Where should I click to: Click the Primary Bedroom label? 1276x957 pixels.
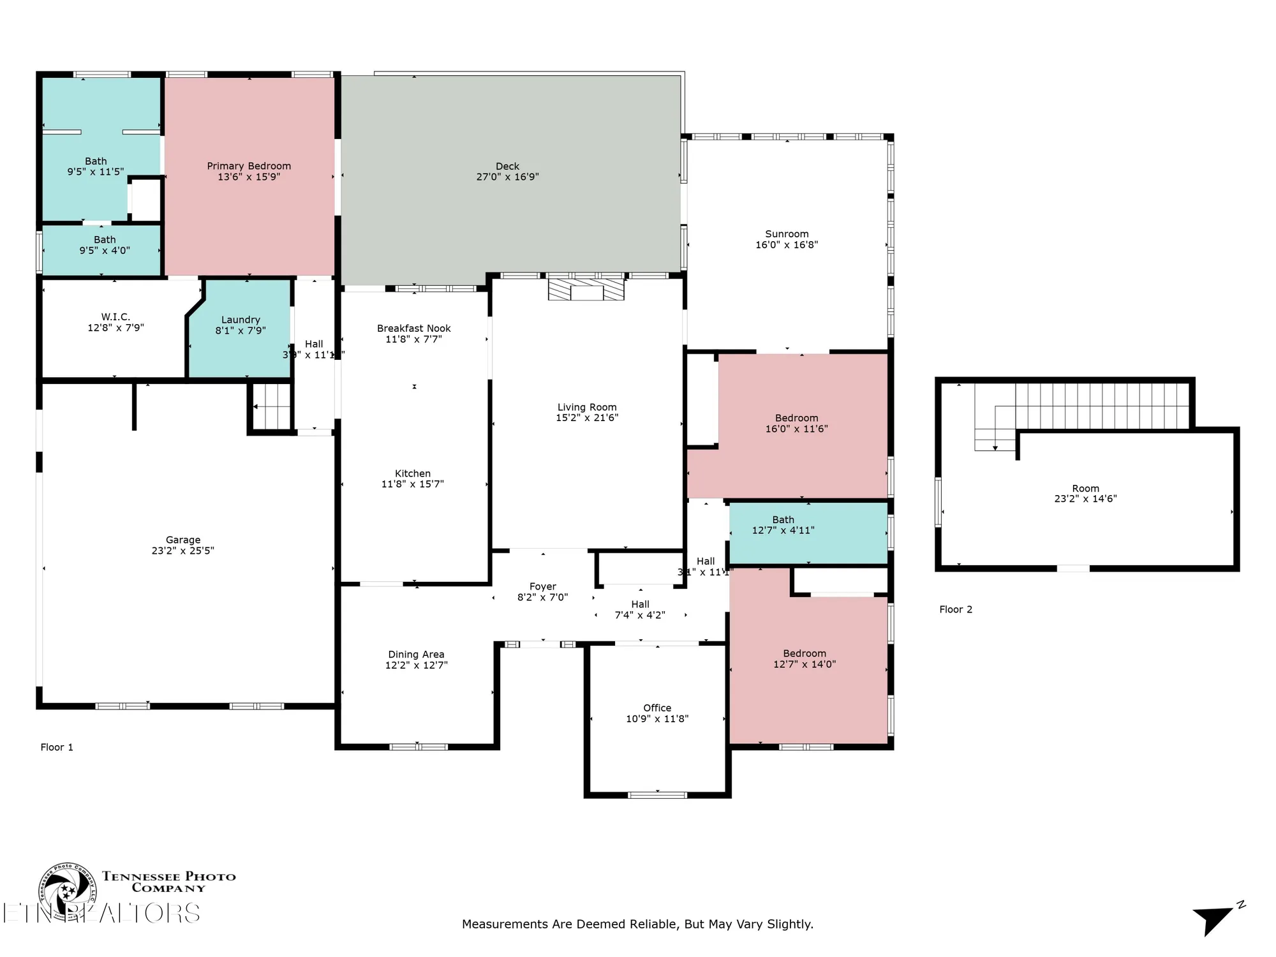[249, 166]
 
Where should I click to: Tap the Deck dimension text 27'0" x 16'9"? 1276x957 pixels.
[507, 177]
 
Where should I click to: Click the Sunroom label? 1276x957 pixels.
[787, 234]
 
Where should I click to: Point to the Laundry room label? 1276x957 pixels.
[241, 320]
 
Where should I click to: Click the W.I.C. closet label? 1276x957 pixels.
[115, 317]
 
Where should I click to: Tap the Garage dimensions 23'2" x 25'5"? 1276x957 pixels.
[182, 551]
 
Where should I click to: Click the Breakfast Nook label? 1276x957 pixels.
[413, 329]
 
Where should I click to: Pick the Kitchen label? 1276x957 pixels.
[413, 473]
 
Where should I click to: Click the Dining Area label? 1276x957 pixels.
[416, 655]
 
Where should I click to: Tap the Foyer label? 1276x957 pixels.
[542, 587]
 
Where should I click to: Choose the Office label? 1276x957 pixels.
[657, 708]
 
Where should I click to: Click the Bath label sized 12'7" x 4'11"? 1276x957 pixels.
[783, 520]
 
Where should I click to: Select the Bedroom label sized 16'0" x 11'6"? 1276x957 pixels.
[796, 419]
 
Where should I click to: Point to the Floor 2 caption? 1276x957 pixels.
[956, 609]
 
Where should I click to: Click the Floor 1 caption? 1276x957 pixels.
[57, 747]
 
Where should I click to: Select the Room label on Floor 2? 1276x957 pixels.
[1085, 489]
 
